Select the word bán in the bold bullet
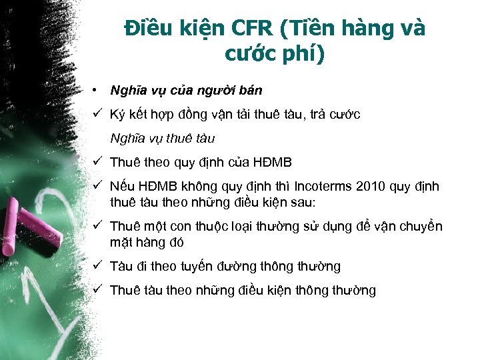[249, 90]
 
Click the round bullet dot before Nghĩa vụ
[97, 89]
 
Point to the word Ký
[118, 115]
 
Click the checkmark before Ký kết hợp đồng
[97, 114]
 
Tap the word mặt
[121, 242]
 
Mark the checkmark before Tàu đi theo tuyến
[97, 266]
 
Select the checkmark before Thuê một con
[97, 226]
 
